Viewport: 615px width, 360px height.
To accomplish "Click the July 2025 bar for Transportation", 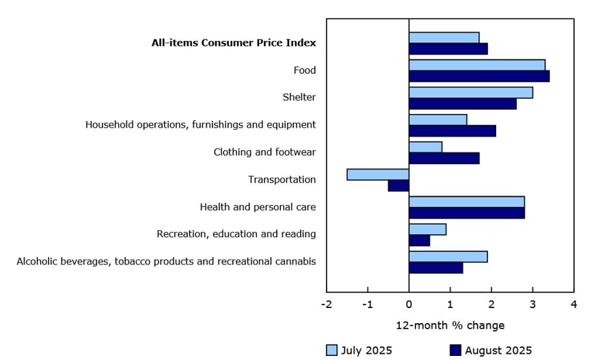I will (x=378, y=174).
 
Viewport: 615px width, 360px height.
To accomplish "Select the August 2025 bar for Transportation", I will (x=398, y=185).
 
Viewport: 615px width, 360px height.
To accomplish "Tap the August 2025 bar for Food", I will (x=479, y=76).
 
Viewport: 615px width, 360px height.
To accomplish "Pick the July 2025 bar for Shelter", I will (x=471, y=92).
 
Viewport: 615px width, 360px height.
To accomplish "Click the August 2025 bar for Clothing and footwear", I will (x=444, y=158).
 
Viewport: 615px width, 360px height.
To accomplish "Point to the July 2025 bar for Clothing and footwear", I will (x=426, y=147).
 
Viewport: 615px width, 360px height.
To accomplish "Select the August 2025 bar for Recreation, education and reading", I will (x=420, y=240).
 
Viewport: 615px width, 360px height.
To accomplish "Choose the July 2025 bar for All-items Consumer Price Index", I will (x=444, y=38).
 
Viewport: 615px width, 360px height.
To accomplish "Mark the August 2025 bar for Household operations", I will (x=452, y=130).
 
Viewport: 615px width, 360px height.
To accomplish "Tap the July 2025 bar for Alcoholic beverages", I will (x=448, y=256).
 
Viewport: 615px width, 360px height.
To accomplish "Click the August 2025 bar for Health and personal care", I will (x=467, y=212).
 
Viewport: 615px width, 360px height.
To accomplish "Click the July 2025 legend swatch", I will (x=331, y=350).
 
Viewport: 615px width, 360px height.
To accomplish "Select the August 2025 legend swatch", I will (x=455, y=350).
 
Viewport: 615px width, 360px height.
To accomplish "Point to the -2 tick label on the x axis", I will (x=327, y=304).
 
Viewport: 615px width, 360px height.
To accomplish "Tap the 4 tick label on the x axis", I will (x=573, y=304).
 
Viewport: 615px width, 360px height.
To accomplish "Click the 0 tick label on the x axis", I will (x=409, y=304).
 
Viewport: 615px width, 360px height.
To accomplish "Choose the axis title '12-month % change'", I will (x=450, y=325).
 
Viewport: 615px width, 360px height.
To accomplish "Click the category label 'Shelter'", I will (x=299, y=97).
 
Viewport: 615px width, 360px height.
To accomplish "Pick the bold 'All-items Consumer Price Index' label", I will (x=234, y=42).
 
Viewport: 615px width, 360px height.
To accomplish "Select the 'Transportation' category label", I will (x=282, y=180).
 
